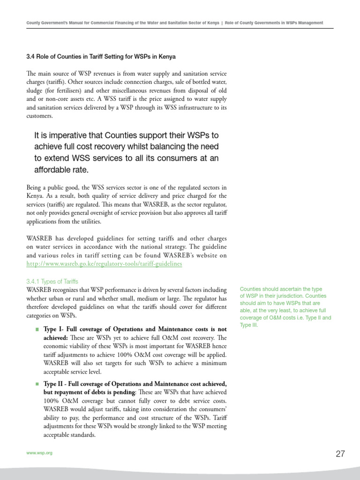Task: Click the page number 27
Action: click(340, 453)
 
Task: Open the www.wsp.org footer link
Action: click(39, 454)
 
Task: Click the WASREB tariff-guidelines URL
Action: click(104, 264)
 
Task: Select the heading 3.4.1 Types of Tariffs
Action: click(52, 281)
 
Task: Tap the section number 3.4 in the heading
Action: click(30, 57)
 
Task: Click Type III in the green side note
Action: click(248, 325)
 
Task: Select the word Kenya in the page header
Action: click(213, 23)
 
